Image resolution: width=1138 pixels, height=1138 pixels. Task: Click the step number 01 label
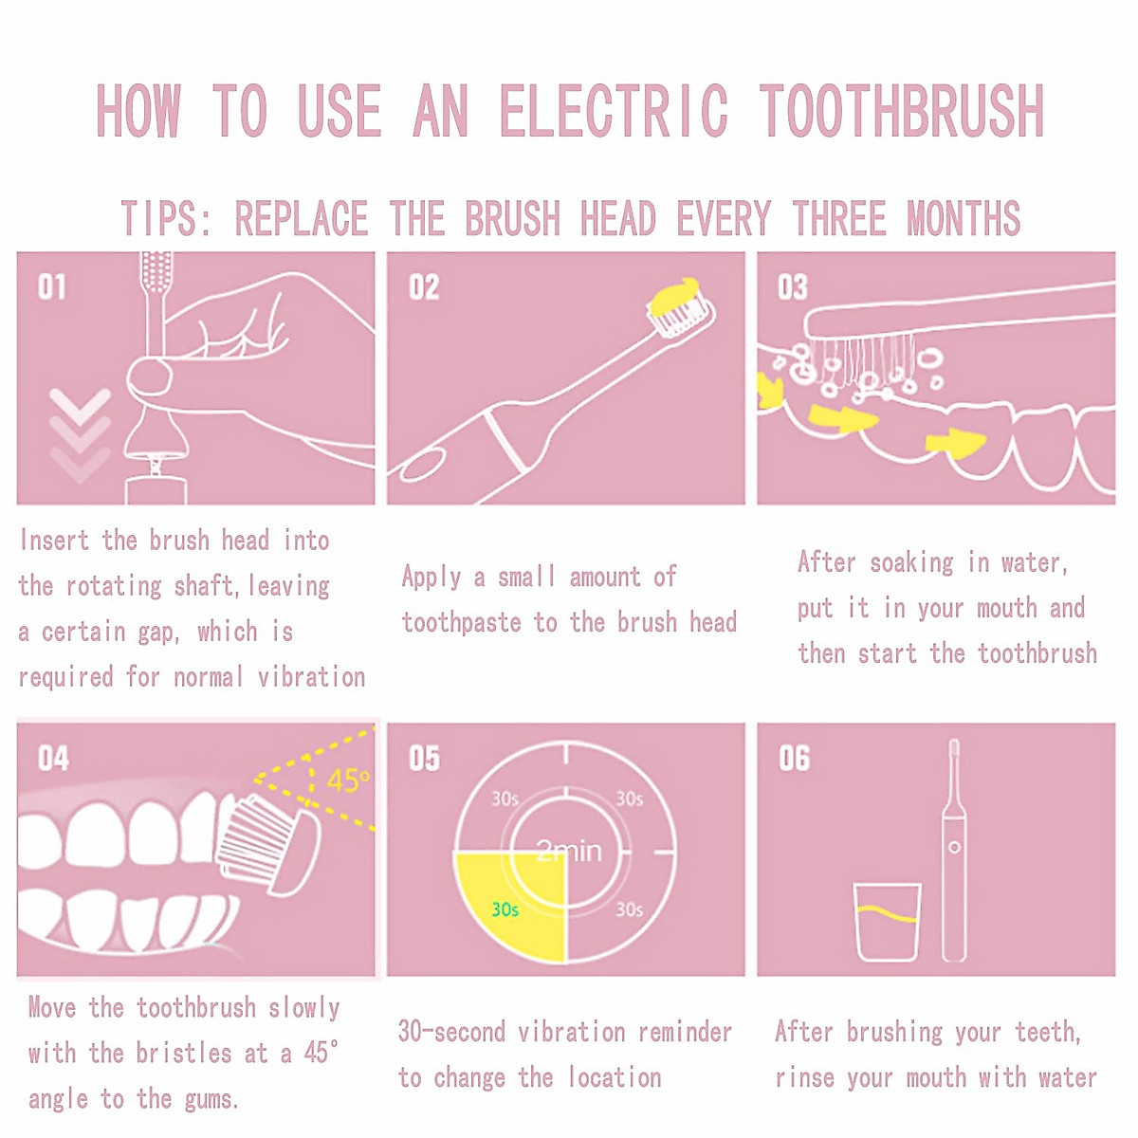52,286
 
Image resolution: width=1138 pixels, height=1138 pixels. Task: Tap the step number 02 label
424,286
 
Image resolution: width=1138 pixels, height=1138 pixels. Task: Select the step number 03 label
793,286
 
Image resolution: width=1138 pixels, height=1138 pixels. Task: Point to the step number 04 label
53,759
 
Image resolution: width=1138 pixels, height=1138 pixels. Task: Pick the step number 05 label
424,759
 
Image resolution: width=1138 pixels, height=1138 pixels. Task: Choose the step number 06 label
794,759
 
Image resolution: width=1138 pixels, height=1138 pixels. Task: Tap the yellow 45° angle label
347,781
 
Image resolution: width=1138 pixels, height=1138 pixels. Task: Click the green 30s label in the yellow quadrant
505,909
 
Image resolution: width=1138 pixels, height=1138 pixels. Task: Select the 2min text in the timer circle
569,851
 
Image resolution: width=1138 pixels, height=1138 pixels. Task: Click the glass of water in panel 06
888,922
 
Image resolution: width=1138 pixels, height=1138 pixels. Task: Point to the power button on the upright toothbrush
955,847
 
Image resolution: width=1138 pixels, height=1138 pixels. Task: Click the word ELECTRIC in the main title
614,111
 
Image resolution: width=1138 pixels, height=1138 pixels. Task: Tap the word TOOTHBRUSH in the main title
901,111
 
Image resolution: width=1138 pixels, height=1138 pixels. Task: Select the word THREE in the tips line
839,219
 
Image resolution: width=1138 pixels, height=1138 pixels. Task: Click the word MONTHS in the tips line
964,219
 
